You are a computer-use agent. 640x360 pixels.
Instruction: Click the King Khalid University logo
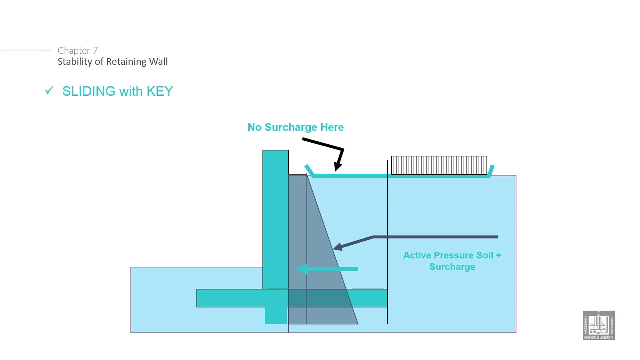598,325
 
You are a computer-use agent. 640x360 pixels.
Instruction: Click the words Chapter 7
77,50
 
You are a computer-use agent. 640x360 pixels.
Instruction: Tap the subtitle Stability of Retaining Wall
112,62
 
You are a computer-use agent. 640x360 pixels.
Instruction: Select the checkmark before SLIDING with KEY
49,90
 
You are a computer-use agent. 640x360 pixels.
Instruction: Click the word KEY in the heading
159,91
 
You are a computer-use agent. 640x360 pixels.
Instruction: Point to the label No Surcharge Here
295,127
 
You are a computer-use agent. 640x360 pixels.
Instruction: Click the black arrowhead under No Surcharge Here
338,165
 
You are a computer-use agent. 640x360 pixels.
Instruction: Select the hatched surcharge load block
439,165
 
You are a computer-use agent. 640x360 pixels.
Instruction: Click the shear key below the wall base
275,315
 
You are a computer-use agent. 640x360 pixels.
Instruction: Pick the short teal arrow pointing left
327,269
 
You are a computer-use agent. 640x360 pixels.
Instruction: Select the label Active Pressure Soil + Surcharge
452,261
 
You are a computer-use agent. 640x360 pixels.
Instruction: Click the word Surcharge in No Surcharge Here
291,127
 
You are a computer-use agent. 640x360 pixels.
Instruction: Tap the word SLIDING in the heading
89,91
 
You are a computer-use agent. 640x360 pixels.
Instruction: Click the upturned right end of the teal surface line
491,170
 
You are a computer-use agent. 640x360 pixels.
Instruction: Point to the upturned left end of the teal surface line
308,170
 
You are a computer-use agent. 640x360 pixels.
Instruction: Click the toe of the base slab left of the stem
227,298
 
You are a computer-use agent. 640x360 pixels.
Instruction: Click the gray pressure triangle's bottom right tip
356,323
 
